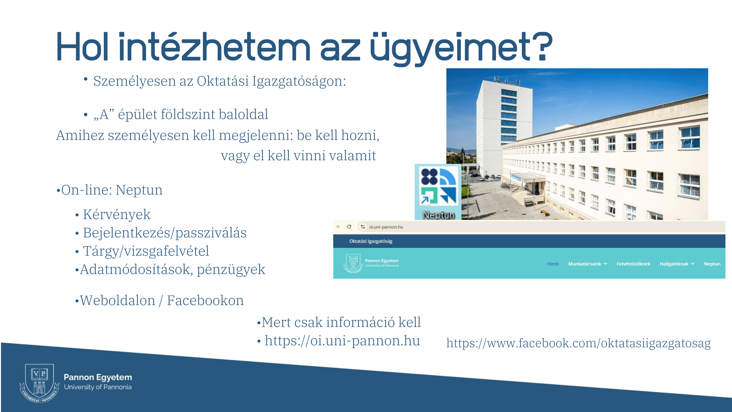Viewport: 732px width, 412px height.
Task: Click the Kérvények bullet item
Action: coord(117,215)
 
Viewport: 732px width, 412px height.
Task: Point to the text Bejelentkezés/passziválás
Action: coord(165,233)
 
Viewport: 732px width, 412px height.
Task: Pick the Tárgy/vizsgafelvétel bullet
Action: coord(146,251)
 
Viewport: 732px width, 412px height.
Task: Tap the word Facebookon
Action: coord(205,300)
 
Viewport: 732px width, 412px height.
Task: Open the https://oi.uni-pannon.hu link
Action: coord(342,341)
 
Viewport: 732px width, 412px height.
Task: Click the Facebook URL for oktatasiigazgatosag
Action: coord(578,343)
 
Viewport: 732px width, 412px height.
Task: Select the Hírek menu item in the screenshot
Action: coord(553,264)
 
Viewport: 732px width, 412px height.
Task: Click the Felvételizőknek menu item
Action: coord(633,264)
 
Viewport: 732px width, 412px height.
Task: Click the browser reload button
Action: coord(349,227)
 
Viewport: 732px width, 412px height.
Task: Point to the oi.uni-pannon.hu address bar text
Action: coord(386,227)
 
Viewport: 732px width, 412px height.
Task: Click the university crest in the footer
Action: coord(40,383)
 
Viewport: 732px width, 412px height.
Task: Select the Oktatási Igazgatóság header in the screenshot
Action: coord(371,241)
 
